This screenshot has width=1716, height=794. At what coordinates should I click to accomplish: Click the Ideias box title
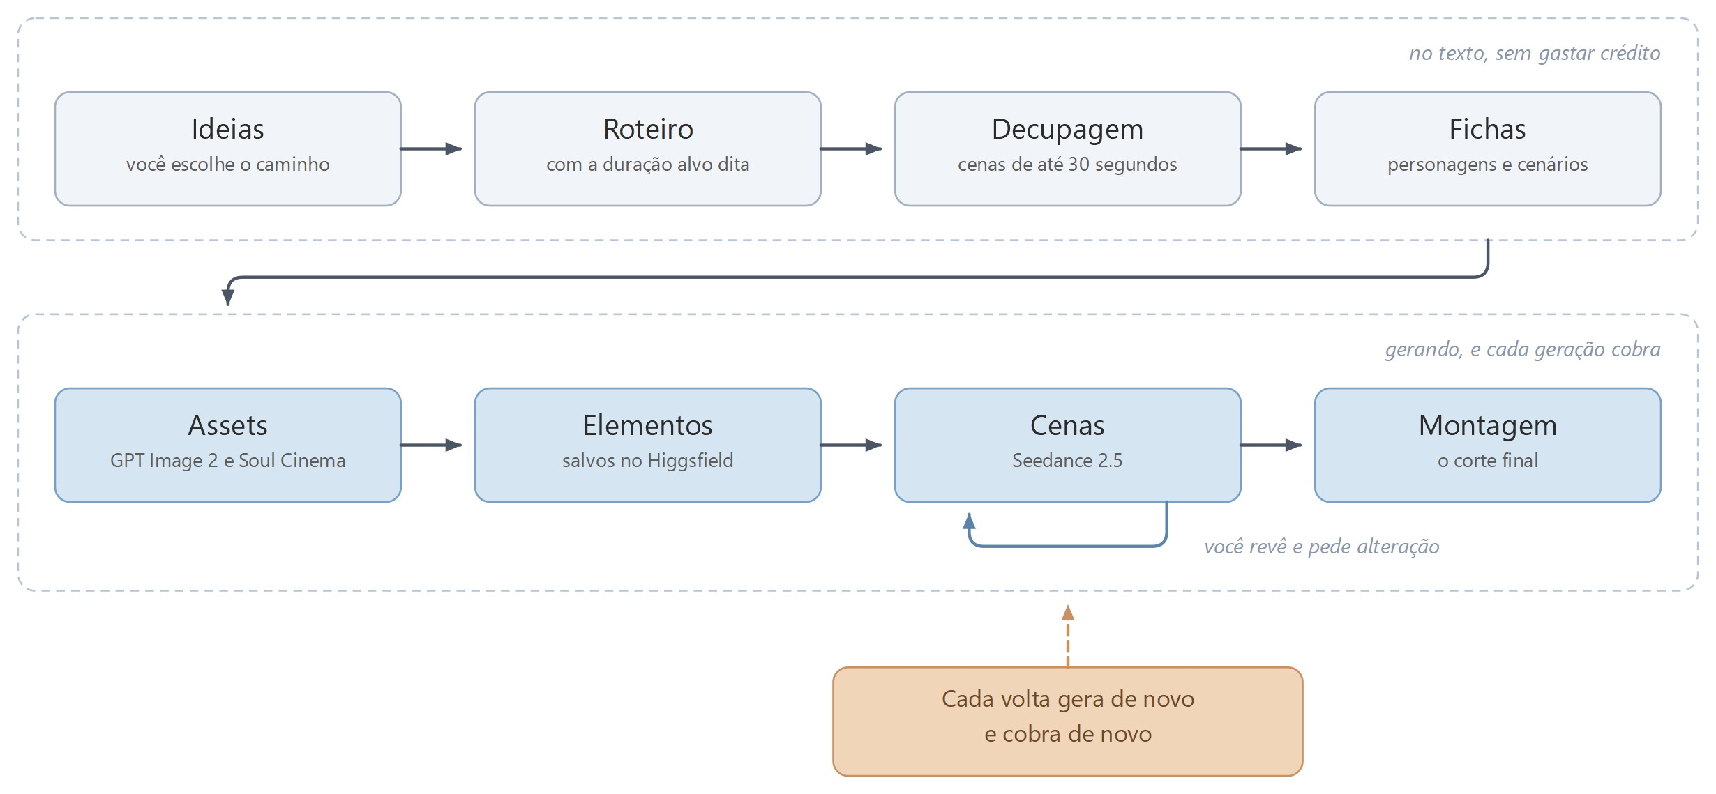coord(227,130)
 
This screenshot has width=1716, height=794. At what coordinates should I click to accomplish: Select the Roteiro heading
coord(648,130)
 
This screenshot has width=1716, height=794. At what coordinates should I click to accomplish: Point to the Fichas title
coord(1487,130)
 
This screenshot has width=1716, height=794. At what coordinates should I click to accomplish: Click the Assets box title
coord(227,426)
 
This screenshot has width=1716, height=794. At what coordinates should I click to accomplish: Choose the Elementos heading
coord(648,426)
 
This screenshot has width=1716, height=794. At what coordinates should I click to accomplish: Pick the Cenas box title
coord(1067,426)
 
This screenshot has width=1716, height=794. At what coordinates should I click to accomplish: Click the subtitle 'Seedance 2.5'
coord(1067,461)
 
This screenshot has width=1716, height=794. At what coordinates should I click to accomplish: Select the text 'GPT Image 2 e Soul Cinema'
coord(227,461)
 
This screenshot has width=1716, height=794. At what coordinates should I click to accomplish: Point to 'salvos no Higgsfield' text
coord(648,461)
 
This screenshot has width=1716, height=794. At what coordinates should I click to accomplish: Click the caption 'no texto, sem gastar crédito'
coord(1535,54)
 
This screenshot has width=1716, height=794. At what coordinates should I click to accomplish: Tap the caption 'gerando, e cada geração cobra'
coord(1523,350)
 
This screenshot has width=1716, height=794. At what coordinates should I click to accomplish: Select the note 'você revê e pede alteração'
coord(1322,547)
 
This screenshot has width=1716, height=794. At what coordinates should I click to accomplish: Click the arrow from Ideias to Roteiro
coord(431,148)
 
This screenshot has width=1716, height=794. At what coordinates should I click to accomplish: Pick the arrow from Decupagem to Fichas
coord(1271,148)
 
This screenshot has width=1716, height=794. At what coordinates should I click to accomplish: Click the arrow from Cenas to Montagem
coord(1271,445)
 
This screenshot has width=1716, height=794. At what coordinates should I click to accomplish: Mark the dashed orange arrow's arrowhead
coord(1068,613)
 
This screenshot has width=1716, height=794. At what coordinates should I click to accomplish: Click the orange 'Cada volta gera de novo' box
coord(1068,722)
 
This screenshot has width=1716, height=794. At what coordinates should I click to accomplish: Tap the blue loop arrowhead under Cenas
coord(969,521)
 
